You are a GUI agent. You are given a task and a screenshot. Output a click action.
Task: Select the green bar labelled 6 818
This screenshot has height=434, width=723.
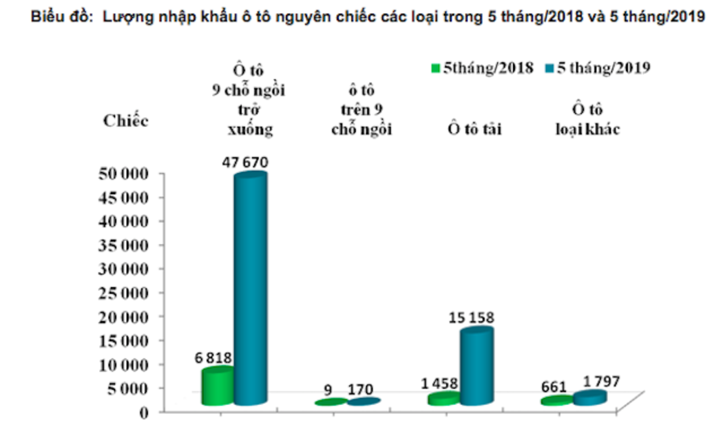pos(217,386)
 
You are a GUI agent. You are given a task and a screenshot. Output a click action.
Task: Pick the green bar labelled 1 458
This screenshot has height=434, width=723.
pos(443,398)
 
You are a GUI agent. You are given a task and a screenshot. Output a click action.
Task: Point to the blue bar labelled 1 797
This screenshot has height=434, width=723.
pos(590,397)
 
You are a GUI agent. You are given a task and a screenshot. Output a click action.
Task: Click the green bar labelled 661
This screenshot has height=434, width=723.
pos(556,400)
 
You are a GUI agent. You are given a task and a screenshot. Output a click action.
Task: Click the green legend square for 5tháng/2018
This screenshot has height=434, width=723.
pos(435,68)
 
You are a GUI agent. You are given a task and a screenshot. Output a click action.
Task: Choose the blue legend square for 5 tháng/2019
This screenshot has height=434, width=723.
pos(549,68)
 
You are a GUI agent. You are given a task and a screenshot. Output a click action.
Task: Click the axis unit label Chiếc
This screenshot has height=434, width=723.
pos(126,120)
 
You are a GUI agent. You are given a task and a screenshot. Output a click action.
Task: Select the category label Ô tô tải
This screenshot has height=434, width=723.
pos(472,129)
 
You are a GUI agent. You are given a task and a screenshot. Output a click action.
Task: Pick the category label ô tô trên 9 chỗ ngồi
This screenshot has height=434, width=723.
pos(361,110)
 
